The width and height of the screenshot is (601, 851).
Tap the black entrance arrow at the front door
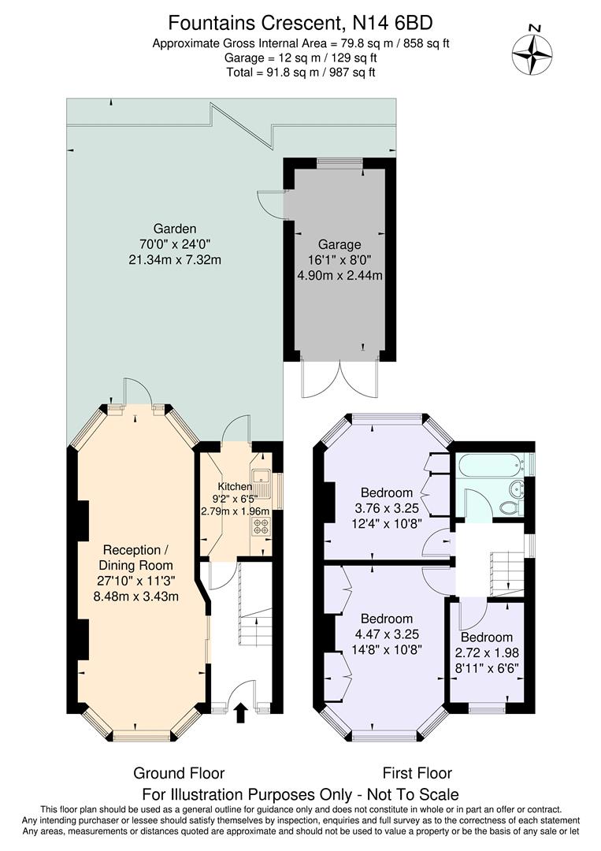[240, 712]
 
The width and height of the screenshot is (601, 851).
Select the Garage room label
[339, 244]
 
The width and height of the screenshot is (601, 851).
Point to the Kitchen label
[235, 486]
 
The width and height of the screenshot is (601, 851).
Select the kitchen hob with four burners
[261, 524]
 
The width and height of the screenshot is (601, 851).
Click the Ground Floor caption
[179, 773]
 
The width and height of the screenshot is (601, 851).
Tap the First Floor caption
[417, 773]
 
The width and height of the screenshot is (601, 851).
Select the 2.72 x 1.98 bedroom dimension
[486, 653]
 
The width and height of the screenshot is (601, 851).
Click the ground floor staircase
[254, 622]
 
